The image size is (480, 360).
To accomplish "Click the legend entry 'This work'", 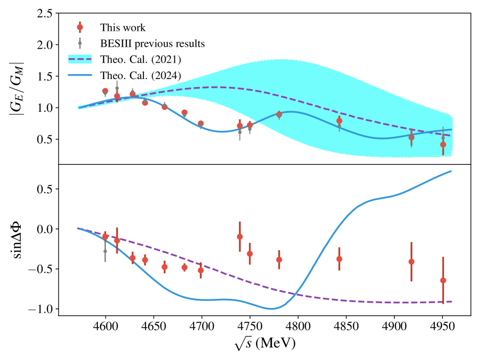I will tap(122, 27).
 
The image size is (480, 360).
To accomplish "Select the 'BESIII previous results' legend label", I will tap(153, 43).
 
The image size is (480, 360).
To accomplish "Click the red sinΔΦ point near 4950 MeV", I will tap(443, 280).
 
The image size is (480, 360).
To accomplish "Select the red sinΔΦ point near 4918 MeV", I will tap(412, 262).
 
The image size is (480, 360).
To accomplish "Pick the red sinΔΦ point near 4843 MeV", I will tap(339, 259).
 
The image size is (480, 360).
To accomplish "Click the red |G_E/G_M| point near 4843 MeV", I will tap(339, 120).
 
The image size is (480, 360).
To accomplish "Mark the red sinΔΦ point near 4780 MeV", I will tap(279, 259).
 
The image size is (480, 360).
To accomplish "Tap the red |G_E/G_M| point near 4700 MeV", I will tap(201, 123).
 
